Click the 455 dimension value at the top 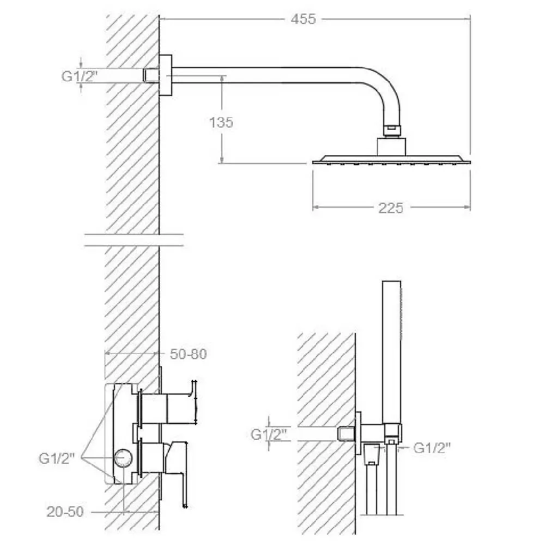tap(303, 19)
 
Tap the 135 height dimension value tap(221, 122)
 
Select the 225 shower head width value tap(391, 208)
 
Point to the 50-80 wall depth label tap(188, 354)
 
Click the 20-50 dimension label tap(65, 512)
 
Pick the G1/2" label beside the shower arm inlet tap(80, 76)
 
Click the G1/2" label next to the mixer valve tap(57, 458)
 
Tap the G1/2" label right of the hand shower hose tap(432, 448)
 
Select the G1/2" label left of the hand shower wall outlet tap(269, 434)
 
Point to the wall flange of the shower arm tap(166, 75)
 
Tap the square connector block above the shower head tap(391, 147)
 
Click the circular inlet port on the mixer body tap(124, 458)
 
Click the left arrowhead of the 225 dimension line tap(316, 208)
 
